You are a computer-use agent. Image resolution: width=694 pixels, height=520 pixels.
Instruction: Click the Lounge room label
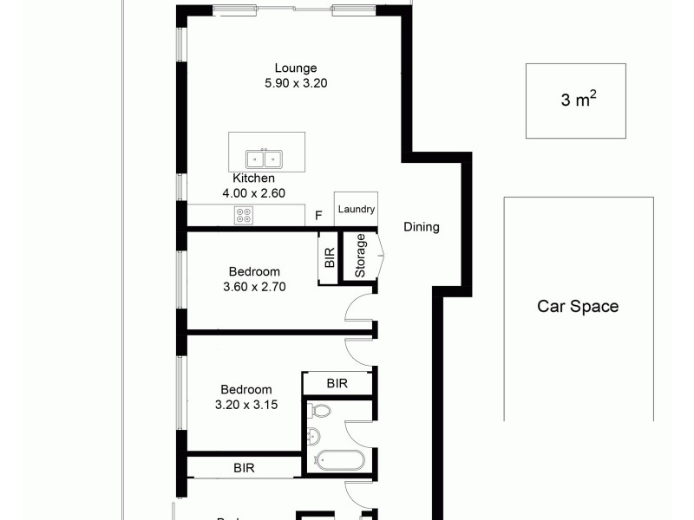point(296,68)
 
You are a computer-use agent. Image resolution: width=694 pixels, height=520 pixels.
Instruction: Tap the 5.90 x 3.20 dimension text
point(296,84)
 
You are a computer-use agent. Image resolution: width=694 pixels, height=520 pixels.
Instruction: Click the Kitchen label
point(253,179)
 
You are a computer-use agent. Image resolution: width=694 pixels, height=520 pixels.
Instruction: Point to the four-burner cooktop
point(244,216)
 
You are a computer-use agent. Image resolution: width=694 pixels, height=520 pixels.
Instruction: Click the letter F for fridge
point(319,216)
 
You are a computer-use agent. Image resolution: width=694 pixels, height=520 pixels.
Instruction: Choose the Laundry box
point(357,210)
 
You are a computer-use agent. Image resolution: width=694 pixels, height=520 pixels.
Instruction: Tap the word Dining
point(422,227)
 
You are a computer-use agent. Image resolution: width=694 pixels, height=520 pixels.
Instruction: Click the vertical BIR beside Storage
point(329,257)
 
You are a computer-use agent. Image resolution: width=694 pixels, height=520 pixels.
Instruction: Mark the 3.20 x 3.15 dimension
point(246,404)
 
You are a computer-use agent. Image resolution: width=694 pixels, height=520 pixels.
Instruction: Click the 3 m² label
point(578,100)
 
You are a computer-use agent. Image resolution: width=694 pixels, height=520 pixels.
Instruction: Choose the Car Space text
point(578,306)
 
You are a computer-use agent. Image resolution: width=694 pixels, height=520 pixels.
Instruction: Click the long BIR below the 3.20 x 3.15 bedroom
point(245,468)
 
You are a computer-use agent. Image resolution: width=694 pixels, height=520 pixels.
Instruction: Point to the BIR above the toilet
point(337,382)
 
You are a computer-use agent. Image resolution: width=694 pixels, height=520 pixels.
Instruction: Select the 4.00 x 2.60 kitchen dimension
point(253,194)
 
